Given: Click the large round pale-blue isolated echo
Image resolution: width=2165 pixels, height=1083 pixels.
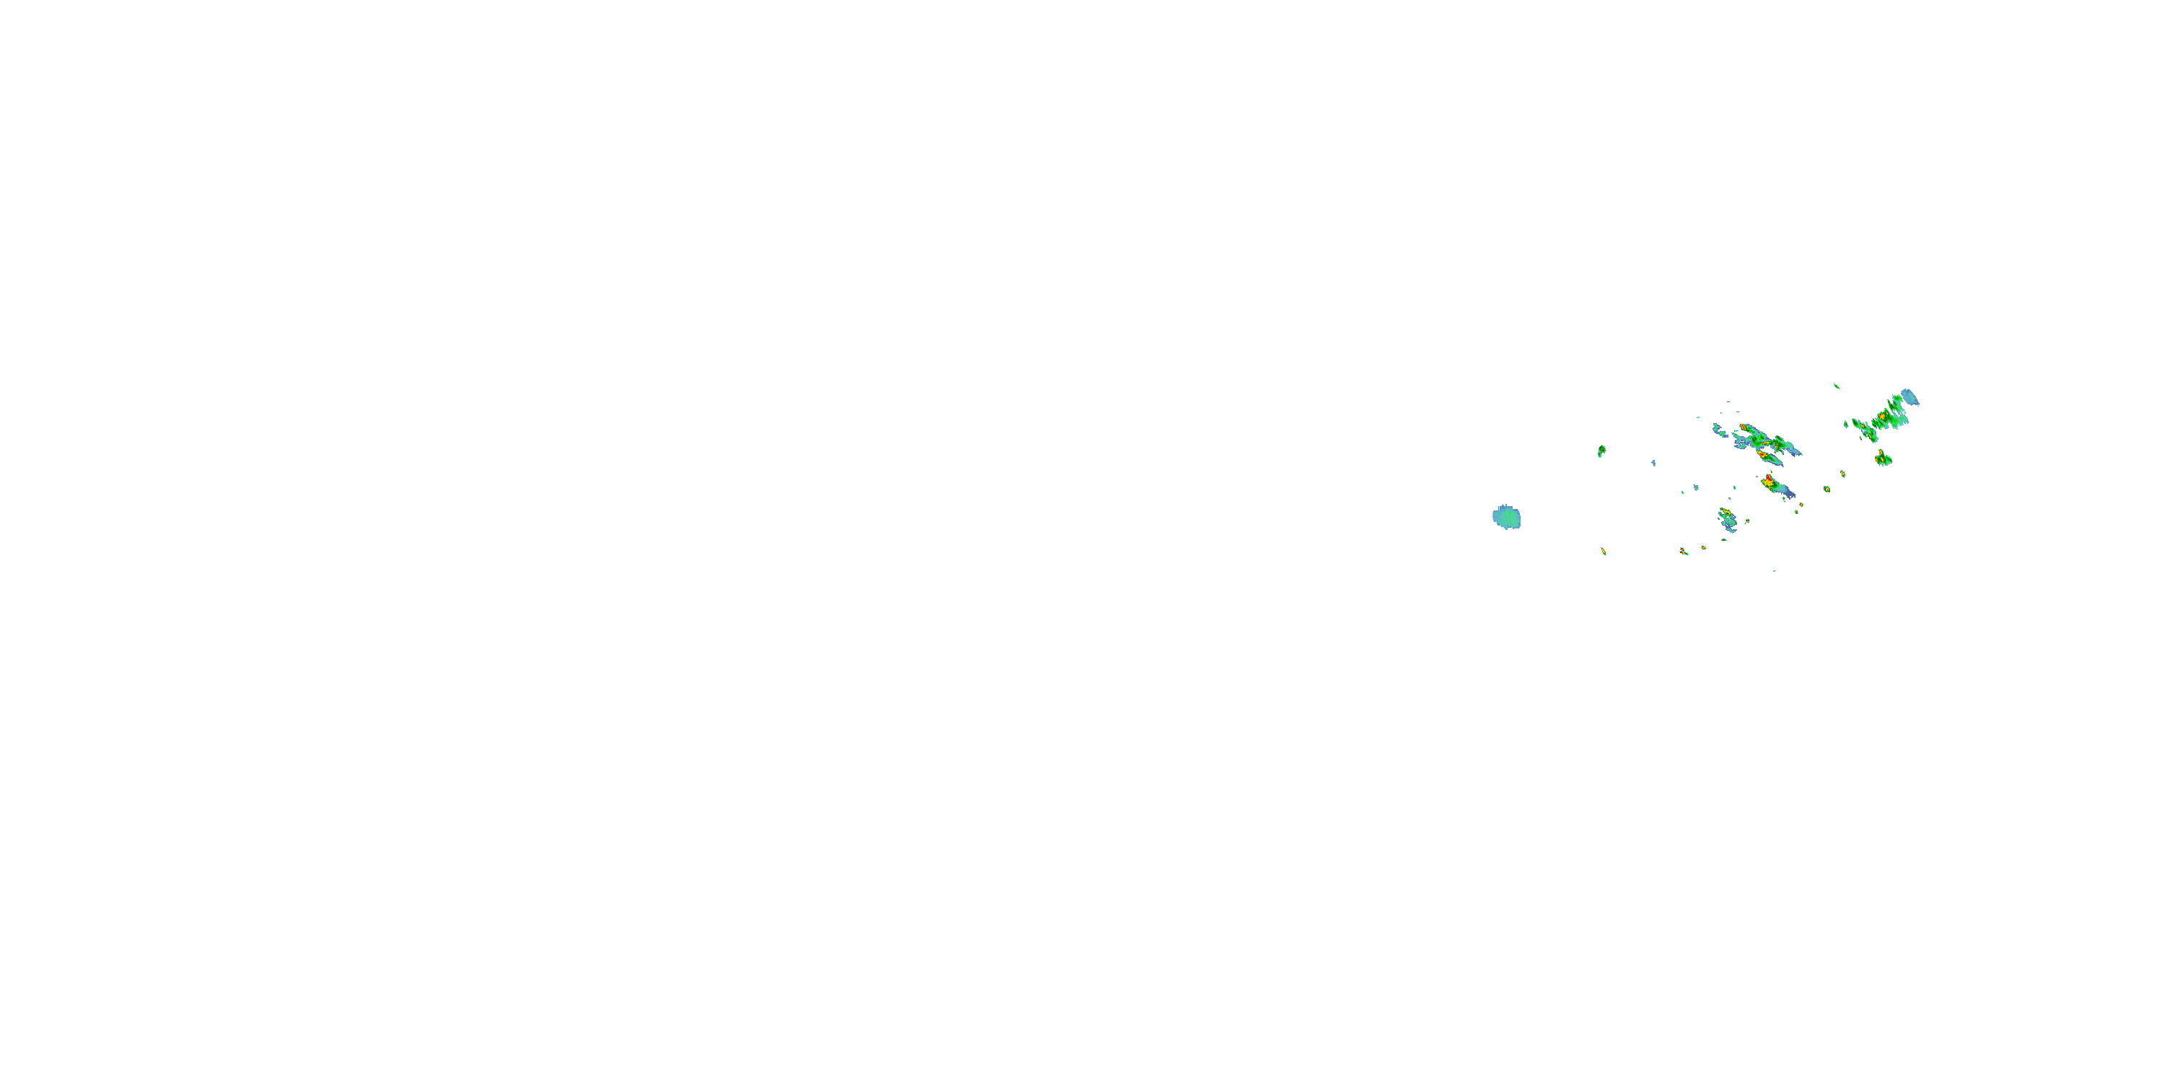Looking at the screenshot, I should coord(1506,517).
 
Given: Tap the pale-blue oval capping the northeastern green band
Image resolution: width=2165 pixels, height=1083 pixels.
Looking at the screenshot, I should coord(1910,397).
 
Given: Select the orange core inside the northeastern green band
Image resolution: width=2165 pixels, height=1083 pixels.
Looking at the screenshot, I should coord(1884,417).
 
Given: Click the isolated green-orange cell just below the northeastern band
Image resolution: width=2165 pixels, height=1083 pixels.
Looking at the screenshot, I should coord(1883,458).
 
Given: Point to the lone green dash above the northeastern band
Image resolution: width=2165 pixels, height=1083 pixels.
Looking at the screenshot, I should coord(1837,386).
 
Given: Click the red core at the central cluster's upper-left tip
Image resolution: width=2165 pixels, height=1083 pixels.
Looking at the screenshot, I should coord(1745,428).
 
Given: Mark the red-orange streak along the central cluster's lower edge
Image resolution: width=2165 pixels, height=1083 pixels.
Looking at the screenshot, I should coord(1762,454).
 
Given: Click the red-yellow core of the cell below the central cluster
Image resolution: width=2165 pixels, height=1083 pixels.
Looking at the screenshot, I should coord(1769,481).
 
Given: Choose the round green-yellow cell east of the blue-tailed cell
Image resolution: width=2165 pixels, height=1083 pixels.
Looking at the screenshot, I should coord(1827,489).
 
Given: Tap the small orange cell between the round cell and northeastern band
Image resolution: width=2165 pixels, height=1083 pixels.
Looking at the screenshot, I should coord(1842,474).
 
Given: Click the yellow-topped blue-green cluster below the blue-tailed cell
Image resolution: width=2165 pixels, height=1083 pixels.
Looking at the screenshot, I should coord(1727,519).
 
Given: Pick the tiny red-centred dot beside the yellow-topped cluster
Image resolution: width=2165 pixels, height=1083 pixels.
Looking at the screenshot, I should coord(1746,521).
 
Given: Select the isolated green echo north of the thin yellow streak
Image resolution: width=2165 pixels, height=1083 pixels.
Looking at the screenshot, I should coord(1601,451).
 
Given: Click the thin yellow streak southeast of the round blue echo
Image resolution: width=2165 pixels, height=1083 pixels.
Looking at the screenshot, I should coord(1604,551).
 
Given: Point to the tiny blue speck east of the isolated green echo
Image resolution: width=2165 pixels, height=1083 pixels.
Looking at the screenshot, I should coord(1653,463).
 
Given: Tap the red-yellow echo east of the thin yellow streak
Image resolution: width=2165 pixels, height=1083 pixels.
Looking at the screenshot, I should coord(1684,551).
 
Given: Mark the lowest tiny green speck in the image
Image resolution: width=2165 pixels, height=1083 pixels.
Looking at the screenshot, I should coord(1774,571).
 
